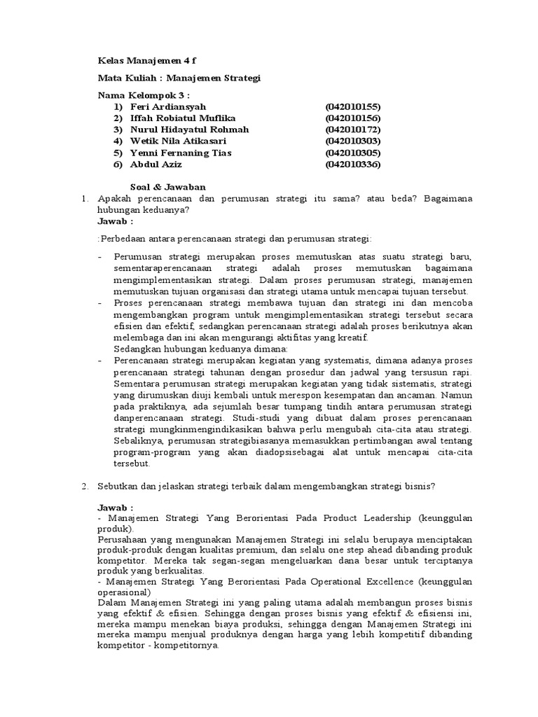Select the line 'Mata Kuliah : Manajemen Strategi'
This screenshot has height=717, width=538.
click(179, 78)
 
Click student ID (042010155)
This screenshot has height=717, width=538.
click(352, 106)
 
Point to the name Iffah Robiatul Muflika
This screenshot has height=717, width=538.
click(183, 118)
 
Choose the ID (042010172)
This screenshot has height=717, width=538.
click(352, 130)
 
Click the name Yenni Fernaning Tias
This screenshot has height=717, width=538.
click(181, 153)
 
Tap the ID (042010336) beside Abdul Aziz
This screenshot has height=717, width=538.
click(352, 165)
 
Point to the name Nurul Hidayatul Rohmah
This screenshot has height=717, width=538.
click(189, 130)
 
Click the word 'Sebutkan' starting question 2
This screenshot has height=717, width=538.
click(119, 486)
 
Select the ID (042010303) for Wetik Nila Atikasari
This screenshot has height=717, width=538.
click(352, 141)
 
